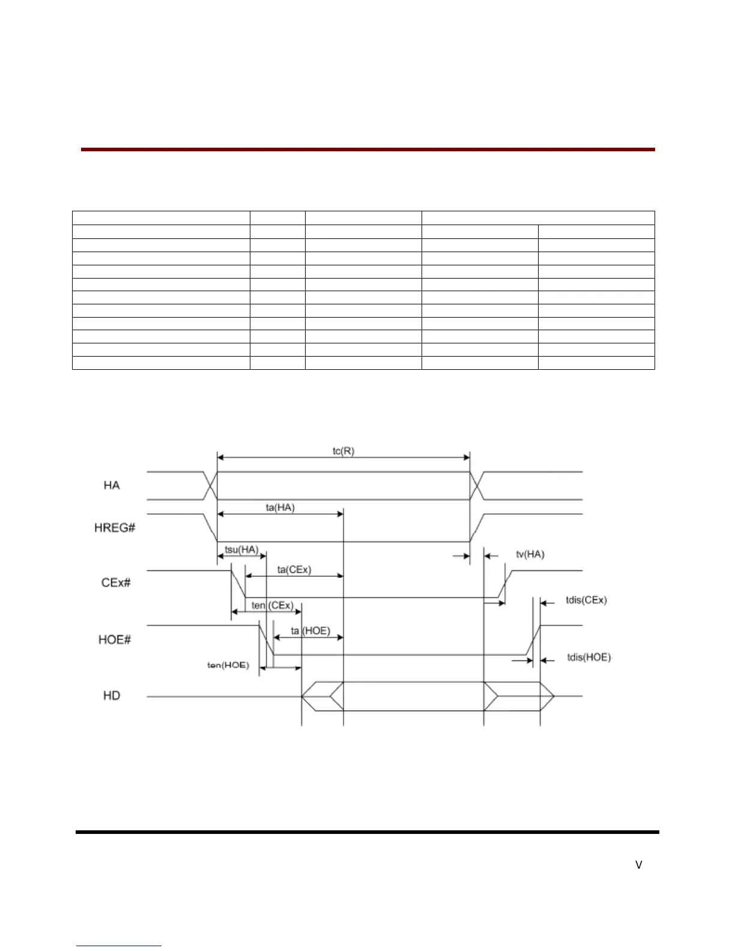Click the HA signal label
112,485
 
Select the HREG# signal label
115,528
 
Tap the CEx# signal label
113,582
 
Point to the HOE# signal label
114,639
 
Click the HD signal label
112,695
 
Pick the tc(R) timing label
343,451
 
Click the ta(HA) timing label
280,507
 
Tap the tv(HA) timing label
530,554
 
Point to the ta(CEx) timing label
294,570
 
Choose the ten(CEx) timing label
272,605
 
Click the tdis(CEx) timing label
587,600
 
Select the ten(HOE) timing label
228,665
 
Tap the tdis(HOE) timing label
589,657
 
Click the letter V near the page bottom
639,865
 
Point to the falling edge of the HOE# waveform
266,641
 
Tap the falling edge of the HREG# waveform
211,528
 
